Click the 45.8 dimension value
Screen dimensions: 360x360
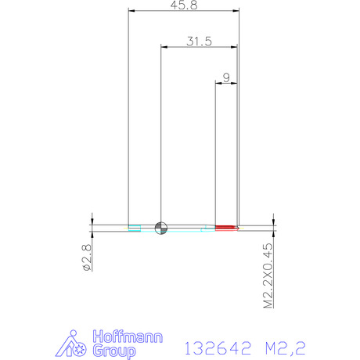pyautogui.click(x=184, y=5)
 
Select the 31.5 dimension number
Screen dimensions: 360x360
pyautogui.click(x=200, y=41)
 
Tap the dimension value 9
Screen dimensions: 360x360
pyautogui.click(x=226, y=77)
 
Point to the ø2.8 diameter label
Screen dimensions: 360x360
pyautogui.click(x=87, y=257)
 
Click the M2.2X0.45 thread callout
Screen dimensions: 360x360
pyautogui.click(x=268, y=275)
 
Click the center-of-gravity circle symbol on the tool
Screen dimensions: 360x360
pyautogui.click(x=161, y=228)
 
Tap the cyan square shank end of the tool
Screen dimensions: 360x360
pyautogui.click(x=135, y=228)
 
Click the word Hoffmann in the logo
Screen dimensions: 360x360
pyautogui.click(x=128, y=337)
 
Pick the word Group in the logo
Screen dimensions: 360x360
pyautogui.click(x=114, y=351)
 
